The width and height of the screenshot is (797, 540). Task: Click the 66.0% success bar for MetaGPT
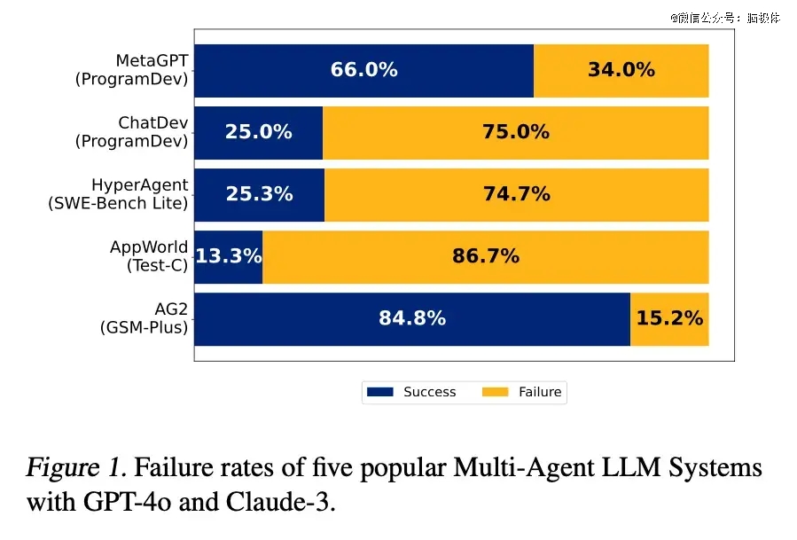coord(363,70)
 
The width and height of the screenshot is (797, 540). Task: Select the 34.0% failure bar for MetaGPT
coord(621,70)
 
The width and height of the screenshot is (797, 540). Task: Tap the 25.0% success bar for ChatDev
coord(258,132)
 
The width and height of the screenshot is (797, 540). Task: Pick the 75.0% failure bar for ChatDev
coord(515,132)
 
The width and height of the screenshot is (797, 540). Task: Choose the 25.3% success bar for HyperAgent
coord(259,194)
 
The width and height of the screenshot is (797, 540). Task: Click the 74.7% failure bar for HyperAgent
coord(516,194)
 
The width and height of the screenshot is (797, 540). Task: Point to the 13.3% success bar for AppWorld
coord(228,256)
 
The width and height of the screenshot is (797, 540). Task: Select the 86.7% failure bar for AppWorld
coord(485,256)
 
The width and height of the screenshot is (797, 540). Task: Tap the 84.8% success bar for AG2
coord(411,318)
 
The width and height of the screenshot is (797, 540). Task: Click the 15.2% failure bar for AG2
coord(669,318)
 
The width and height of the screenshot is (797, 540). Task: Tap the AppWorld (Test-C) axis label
coord(148,256)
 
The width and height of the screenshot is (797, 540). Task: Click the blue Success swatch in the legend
coord(379,392)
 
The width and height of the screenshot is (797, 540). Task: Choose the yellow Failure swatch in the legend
coord(496,392)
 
